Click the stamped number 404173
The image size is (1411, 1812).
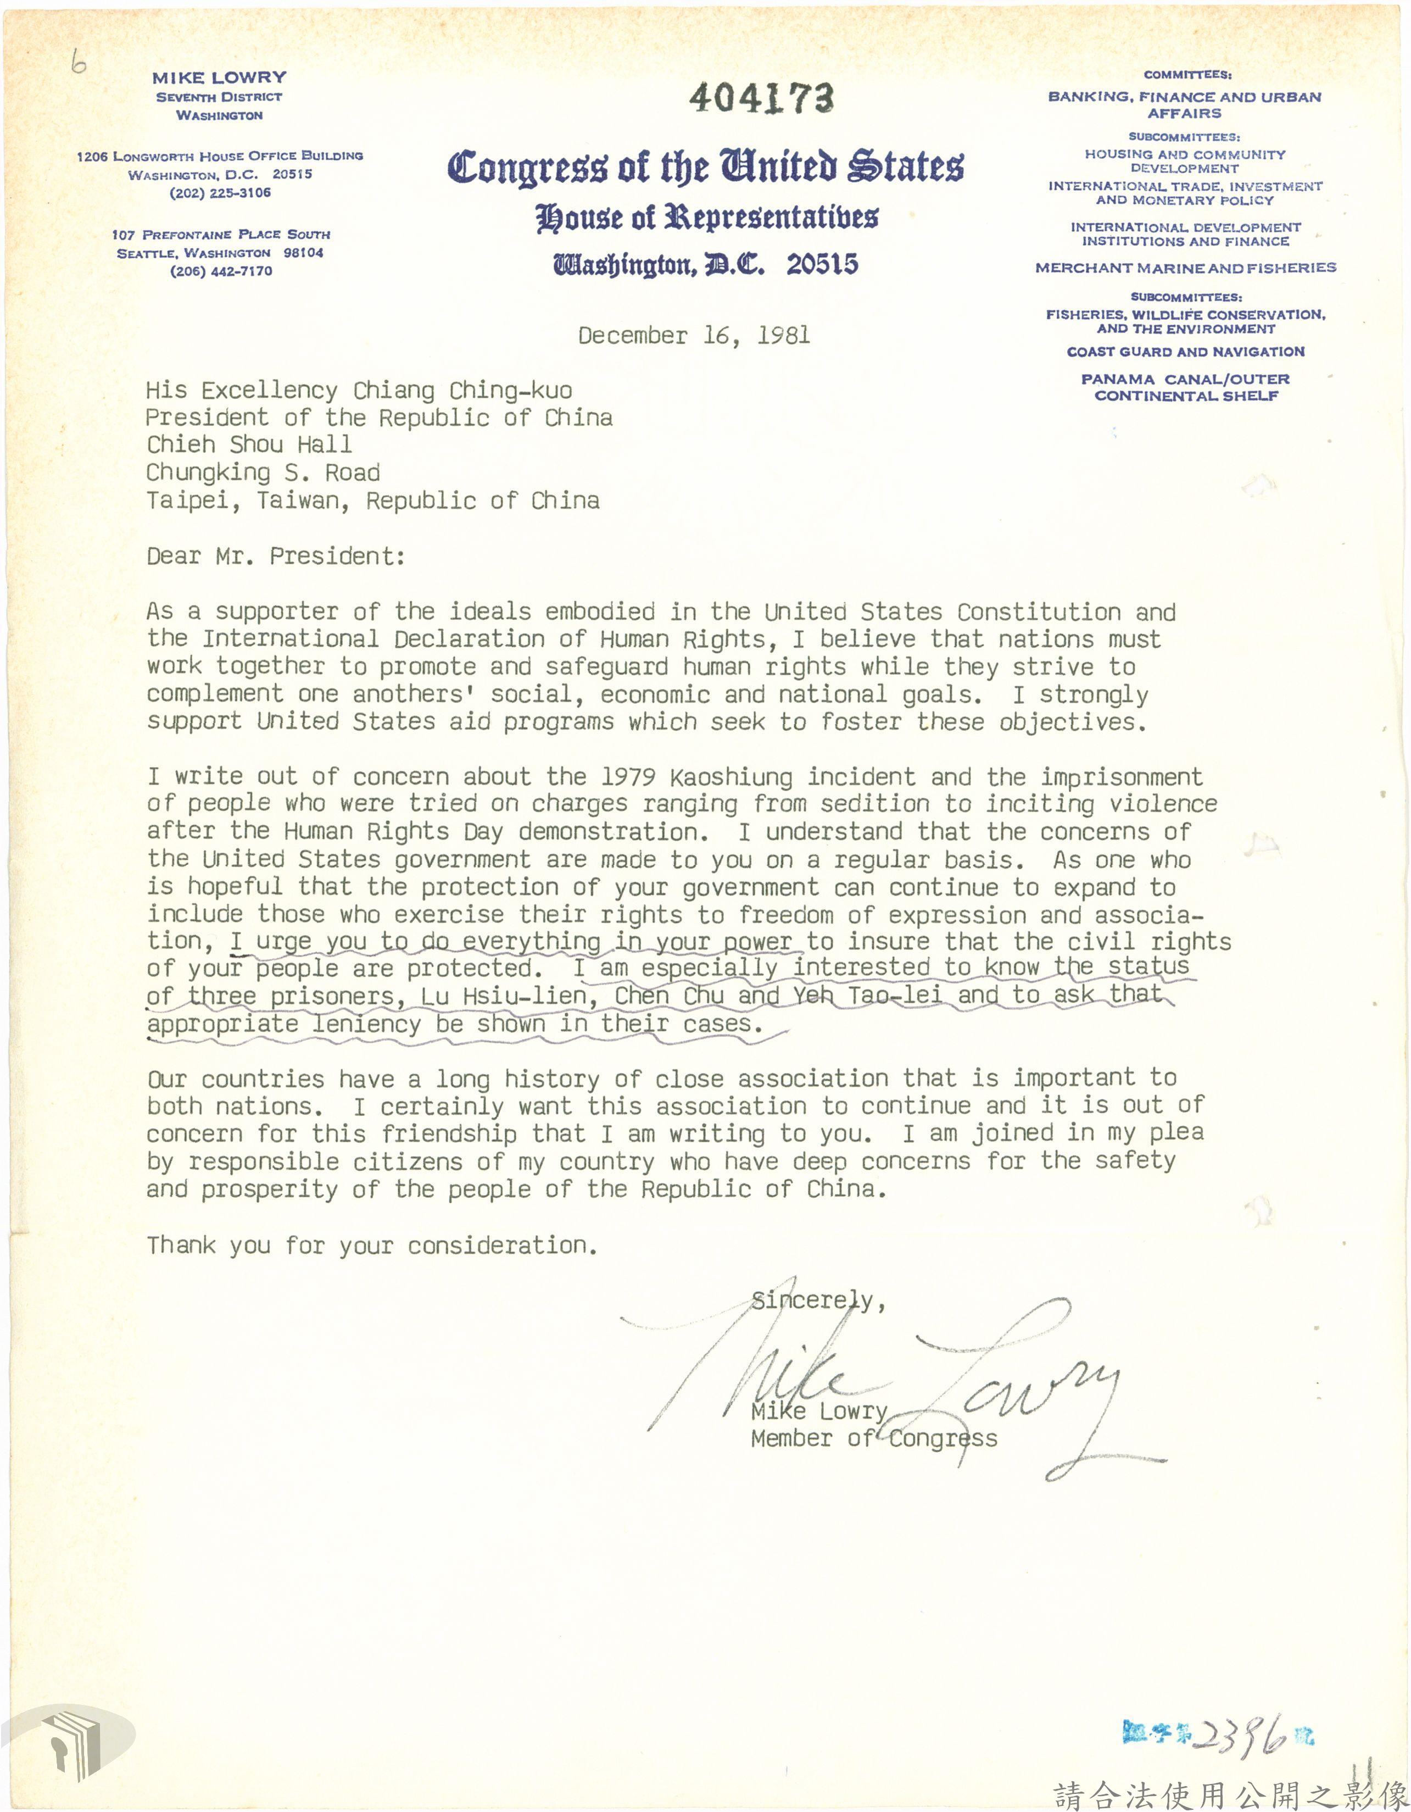click(761, 98)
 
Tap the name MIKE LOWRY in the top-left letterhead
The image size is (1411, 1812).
click(219, 78)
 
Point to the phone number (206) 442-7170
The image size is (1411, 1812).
click(221, 271)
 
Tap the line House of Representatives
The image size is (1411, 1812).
click(706, 218)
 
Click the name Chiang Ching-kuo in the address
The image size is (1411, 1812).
click(462, 390)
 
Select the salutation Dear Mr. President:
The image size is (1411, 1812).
click(275, 556)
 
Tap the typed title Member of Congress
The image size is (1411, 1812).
click(873, 1438)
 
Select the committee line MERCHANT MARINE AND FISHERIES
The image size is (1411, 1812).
click(1185, 268)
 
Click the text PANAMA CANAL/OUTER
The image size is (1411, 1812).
click(1185, 379)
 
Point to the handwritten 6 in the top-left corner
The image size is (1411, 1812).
click(78, 63)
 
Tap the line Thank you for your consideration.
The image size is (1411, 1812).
click(372, 1246)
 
